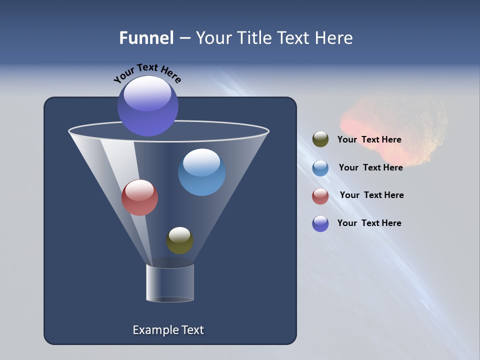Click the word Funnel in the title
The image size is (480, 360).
point(146,38)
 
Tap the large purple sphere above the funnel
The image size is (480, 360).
point(148,105)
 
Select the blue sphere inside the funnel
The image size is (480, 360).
point(201,172)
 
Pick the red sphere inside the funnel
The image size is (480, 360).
point(139,197)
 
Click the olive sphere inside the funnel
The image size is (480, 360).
point(179,240)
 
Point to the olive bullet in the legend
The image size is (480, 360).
point(320,139)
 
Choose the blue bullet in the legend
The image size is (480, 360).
point(320,168)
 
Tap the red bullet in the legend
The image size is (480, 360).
point(320,196)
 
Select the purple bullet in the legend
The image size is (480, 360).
point(320,223)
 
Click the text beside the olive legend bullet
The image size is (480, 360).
point(369,139)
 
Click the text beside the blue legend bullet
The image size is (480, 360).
point(370,167)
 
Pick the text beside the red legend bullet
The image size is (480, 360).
point(371,195)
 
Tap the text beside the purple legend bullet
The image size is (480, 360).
point(369,223)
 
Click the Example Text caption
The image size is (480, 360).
point(168,330)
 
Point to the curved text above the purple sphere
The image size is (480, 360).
point(147,73)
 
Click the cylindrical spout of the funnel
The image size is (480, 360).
point(169,283)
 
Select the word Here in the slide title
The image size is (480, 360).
point(334,38)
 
